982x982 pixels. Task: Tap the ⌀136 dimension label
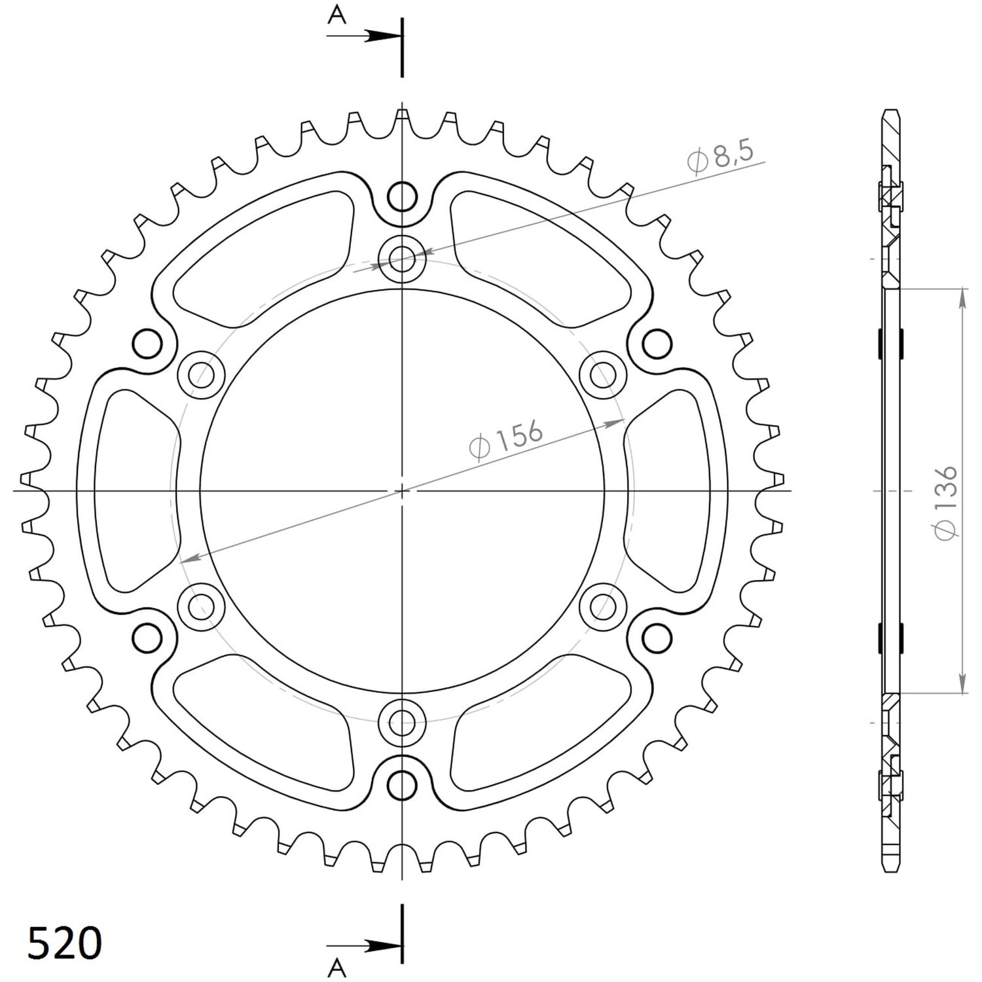947,503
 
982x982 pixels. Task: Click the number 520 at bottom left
64,943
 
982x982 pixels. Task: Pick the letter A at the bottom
337,967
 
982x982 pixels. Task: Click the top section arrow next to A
363,36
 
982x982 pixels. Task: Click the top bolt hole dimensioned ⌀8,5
402,258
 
